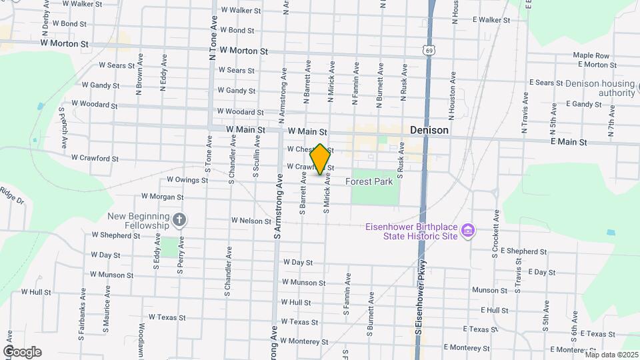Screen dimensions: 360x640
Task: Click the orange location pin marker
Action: [x=320, y=159]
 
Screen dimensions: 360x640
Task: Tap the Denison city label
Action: [x=429, y=131]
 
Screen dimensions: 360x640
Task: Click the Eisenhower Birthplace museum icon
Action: [x=469, y=231]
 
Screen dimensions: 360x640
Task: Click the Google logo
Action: [x=22, y=352]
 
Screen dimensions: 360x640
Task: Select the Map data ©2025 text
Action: [x=611, y=355]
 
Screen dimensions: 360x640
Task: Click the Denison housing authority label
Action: [x=599, y=88]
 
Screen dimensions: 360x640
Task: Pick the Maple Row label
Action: [x=591, y=55]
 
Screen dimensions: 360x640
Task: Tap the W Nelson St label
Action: [x=251, y=221]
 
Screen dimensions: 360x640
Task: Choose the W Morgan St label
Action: [x=162, y=197]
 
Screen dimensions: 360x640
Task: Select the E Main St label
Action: [x=569, y=142]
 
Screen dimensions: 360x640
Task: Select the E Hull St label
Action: [x=494, y=311]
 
